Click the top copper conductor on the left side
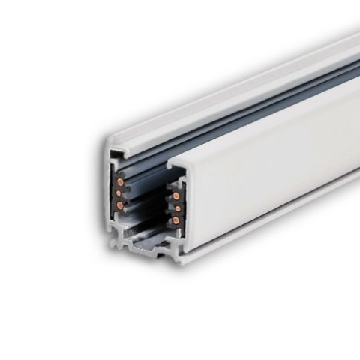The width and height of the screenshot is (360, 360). [x=118, y=183]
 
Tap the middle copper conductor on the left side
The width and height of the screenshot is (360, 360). [x=118, y=193]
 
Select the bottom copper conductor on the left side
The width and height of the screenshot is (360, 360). [x=118, y=204]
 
